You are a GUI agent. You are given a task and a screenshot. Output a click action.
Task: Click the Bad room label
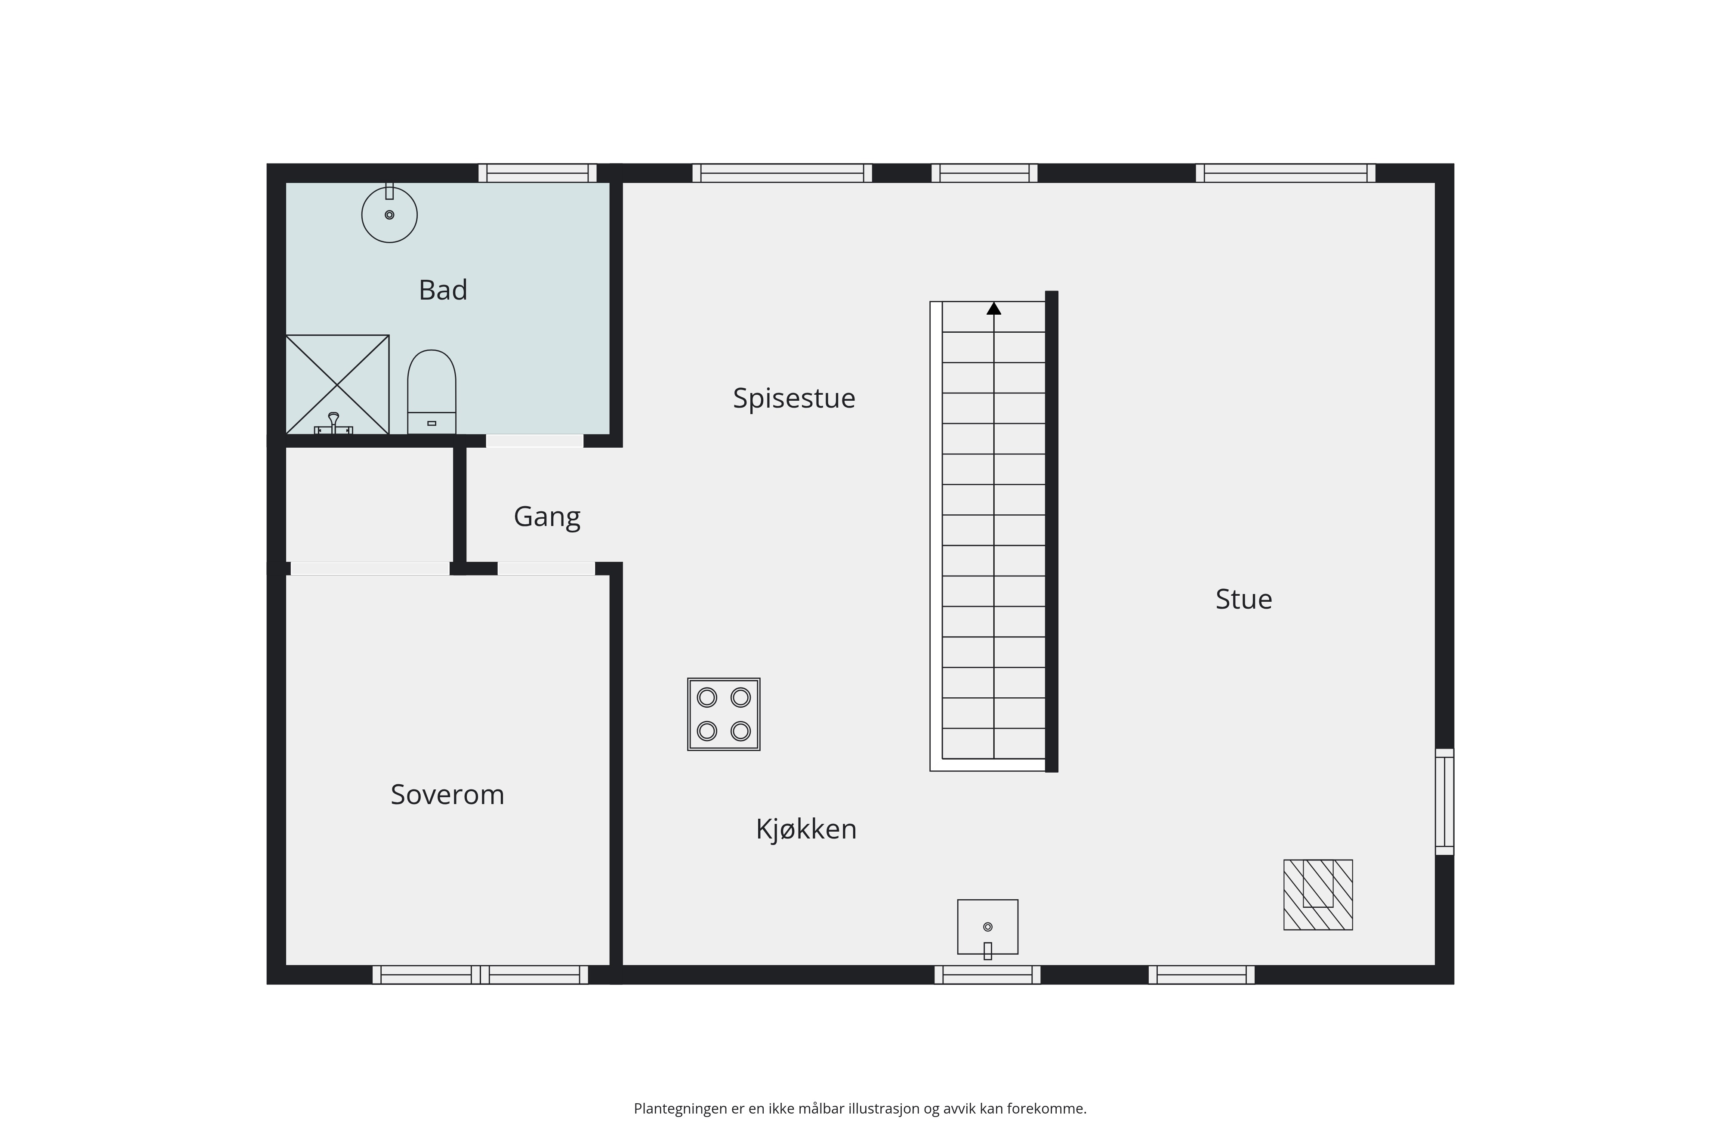click(x=443, y=290)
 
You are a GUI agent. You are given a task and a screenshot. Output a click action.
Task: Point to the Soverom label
click(x=447, y=794)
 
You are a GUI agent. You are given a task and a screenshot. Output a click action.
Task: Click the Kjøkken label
click(x=805, y=829)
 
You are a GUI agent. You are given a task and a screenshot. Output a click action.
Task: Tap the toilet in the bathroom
click(x=432, y=392)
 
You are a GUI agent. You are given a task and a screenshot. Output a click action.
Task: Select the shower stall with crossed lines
click(x=337, y=384)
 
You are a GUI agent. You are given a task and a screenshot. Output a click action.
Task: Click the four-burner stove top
click(x=724, y=714)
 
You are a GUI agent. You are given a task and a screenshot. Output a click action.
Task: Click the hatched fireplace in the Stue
click(x=1318, y=894)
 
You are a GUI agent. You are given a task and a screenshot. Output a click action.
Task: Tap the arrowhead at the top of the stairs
click(x=994, y=308)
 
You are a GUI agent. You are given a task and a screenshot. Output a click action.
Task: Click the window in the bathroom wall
click(x=538, y=173)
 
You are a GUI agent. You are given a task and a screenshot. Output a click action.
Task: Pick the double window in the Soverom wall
click(x=480, y=975)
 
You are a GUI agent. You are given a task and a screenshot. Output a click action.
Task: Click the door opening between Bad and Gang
click(x=535, y=441)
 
